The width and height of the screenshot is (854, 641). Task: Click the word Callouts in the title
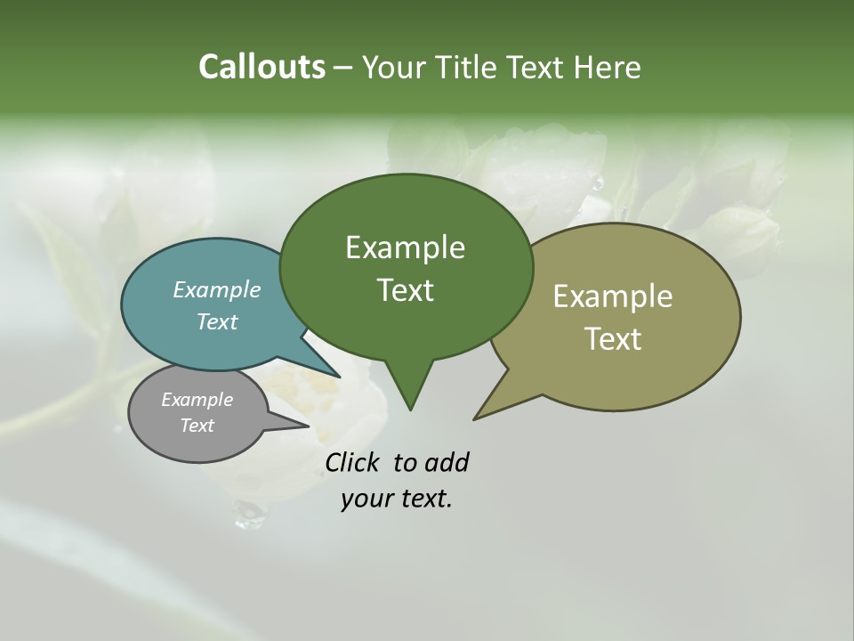[262, 67]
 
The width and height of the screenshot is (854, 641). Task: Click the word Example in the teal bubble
[216, 289]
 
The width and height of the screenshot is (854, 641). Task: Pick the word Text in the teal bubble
[216, 321]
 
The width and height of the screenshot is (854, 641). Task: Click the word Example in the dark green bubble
[405, 247]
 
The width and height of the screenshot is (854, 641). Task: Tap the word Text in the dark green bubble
[405, 290]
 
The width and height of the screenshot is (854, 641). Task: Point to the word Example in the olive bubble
[612, 296]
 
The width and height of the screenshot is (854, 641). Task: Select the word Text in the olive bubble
[612, 338]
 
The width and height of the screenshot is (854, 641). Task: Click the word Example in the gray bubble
[197, 400]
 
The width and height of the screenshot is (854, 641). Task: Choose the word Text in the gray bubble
[197, 426]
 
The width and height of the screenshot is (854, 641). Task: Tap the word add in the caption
[446, 463]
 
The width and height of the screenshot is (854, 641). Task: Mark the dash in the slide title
[344, 68]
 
